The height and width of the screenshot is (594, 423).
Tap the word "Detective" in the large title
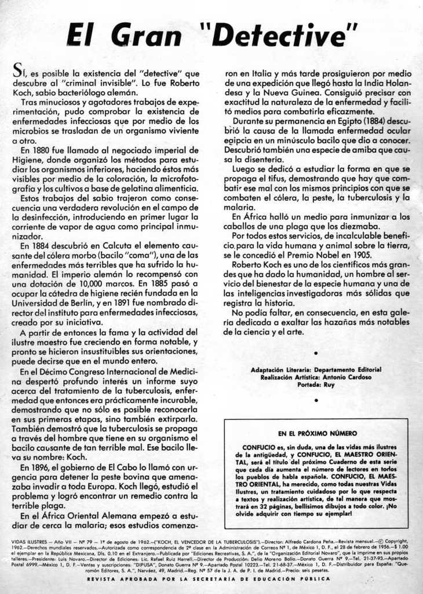click(x=279, y=36)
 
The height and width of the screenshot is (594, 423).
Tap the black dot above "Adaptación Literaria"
click(x=316, y=352)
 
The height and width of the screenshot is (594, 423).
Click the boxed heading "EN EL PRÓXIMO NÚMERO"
click(x=317, y=433)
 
